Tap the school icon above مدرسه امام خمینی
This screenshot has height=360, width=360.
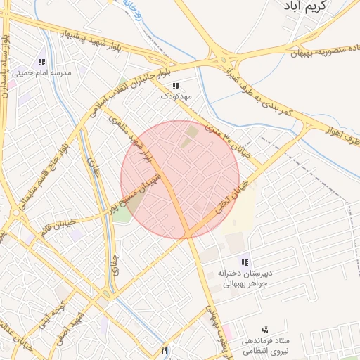tap(41, 63)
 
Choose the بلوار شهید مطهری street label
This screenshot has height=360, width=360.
tap(131, 139)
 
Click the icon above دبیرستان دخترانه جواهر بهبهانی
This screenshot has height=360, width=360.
tap(244, 262)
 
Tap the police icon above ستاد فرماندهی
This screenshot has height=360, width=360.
tap(264, 329)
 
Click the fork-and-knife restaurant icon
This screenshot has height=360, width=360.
tap(165, 349)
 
